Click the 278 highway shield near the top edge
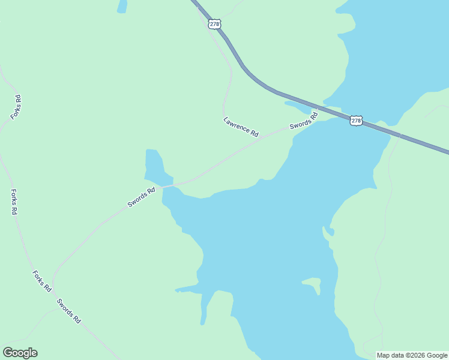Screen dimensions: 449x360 coord(215,24)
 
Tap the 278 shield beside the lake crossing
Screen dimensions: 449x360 coord(356,121)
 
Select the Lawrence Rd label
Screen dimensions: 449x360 coord(241,127)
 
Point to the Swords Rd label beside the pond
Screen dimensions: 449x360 coord(141,197)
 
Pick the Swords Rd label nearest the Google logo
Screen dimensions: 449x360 coord(68,311)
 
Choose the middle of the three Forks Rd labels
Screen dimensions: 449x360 coord(14,202)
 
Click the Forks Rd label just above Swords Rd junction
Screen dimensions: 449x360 coord(41,281)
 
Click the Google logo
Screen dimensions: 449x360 coord(20,353)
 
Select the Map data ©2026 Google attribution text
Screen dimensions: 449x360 coord(412,355)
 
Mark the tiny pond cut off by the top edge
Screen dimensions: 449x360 coord(122,6)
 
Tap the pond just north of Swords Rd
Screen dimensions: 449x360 coord(155,167)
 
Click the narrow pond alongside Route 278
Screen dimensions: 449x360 coord(298,107)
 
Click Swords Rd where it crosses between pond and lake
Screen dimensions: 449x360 coord(167,186)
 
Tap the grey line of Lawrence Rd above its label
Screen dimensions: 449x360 coord(228,90)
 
